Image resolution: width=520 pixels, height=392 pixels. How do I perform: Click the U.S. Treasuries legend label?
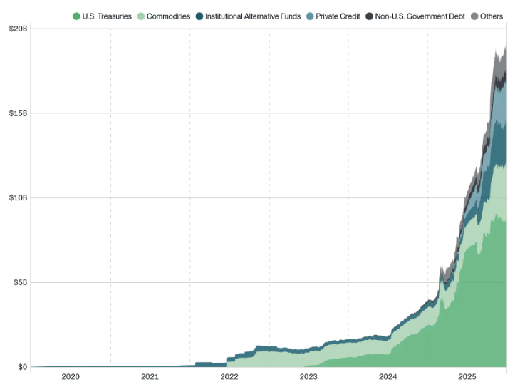tap(107, 16)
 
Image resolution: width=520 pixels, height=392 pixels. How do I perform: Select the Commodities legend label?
tap(168, 16)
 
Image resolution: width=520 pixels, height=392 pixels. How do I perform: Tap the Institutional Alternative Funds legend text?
tap(253, 16)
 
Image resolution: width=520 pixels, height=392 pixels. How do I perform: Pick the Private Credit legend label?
tap(338, 16)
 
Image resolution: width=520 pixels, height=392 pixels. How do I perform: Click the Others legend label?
tap(492, 16)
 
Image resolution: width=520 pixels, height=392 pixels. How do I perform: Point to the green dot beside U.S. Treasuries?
tap(76, 16)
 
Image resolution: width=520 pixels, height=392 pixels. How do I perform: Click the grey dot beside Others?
tap(474, 16)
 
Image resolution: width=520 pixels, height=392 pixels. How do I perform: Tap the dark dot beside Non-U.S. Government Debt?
tap(369, 16)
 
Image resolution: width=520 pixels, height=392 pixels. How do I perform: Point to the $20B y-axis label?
tap(18, 29)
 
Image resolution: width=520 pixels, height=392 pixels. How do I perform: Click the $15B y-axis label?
tap(18, 113)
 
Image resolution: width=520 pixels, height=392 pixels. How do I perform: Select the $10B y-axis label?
tap(18, 197)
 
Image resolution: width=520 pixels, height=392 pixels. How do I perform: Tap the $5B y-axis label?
tap(20, 282)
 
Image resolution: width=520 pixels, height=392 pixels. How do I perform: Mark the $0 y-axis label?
tap(22, 367)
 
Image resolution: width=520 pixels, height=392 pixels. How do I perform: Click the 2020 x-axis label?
tap(71, 376)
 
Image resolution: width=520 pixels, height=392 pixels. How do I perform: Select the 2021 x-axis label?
tap(150, 376)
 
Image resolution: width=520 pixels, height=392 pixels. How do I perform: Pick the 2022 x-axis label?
tap(229, 376)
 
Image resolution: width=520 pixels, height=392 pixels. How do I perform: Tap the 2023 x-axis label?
tap(308, 376)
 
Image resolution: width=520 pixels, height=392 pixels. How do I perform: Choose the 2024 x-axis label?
tap(388, 376)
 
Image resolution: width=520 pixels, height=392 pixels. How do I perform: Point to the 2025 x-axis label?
tap(467, 376)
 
